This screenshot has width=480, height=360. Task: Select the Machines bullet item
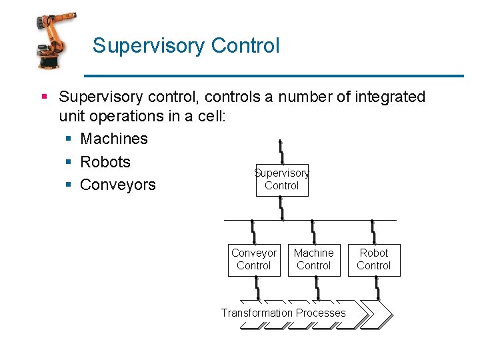pyautogui.click(x=113, y=139)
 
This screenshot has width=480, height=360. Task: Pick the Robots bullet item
pyautogui.click(x=105, y=162)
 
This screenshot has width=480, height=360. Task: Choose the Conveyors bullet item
pyautogui.click(x=117, y=185)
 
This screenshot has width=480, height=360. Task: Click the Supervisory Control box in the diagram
pyautogui.click(x=281, y=180)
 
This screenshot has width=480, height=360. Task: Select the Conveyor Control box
pyautogui.click(x=253, y=259)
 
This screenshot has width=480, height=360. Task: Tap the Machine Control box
pyautogui.click(x=313, y=259)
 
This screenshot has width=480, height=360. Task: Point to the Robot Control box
pyautogui.click(x=373, y=259)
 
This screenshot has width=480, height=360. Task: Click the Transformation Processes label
pyautogui.click(x=283, y=313)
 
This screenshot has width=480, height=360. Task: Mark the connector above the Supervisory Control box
pyautogui.click(x=281, y=152)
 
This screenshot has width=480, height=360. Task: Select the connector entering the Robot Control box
pyautogui.click(x=373, y=231)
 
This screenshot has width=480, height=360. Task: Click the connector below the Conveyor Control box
pyautogui.click(x=256, y=288)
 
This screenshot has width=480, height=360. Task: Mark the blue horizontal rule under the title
pyautogui.click(x=273, y=75)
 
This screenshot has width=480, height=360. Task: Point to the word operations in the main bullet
pyautogui.click(x=138, y=116)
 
